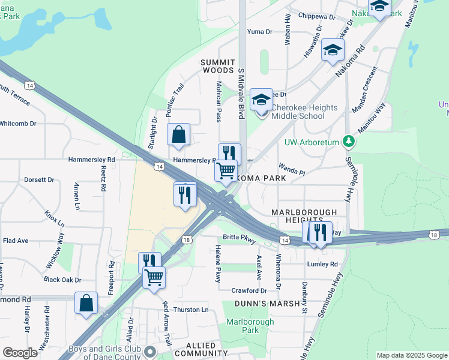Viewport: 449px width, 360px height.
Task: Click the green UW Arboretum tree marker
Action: [348, 142]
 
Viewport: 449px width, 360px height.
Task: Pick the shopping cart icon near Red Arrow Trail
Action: [154, 278]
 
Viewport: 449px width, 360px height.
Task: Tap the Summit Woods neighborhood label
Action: [217, 66]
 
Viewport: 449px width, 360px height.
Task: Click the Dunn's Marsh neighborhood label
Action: [267, 304]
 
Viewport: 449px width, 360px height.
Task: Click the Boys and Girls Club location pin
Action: [150, 351]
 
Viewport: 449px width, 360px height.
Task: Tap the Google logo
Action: [20, 353]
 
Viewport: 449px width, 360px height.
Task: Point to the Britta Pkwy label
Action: [240, 238]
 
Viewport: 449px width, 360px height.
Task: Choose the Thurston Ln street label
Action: [190, 310]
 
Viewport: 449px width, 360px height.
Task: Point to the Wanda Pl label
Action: [291, 169]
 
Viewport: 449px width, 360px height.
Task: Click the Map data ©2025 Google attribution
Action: [411, 355]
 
